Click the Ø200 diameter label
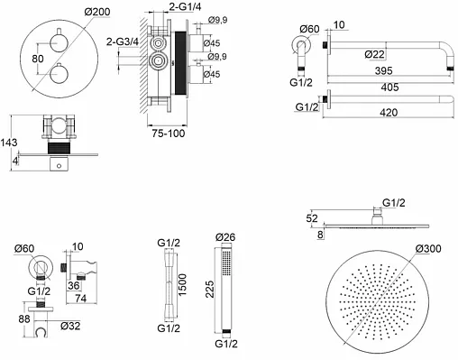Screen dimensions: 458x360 [x=97, y=12]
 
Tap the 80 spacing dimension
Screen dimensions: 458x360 [x=38, y=59]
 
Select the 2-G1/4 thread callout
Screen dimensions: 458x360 [x=185, y=6]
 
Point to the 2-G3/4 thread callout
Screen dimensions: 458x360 [x=123, y=42]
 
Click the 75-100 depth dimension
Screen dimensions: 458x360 [x=169, y=134]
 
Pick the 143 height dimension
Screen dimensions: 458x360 [x=8, y=143]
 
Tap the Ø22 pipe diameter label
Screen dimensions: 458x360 [x=374, y=54]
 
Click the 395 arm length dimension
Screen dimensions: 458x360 [x=384, y=71]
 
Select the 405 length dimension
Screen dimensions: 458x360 [x=389, y=88]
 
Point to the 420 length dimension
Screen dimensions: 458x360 [x=389, y=113]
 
